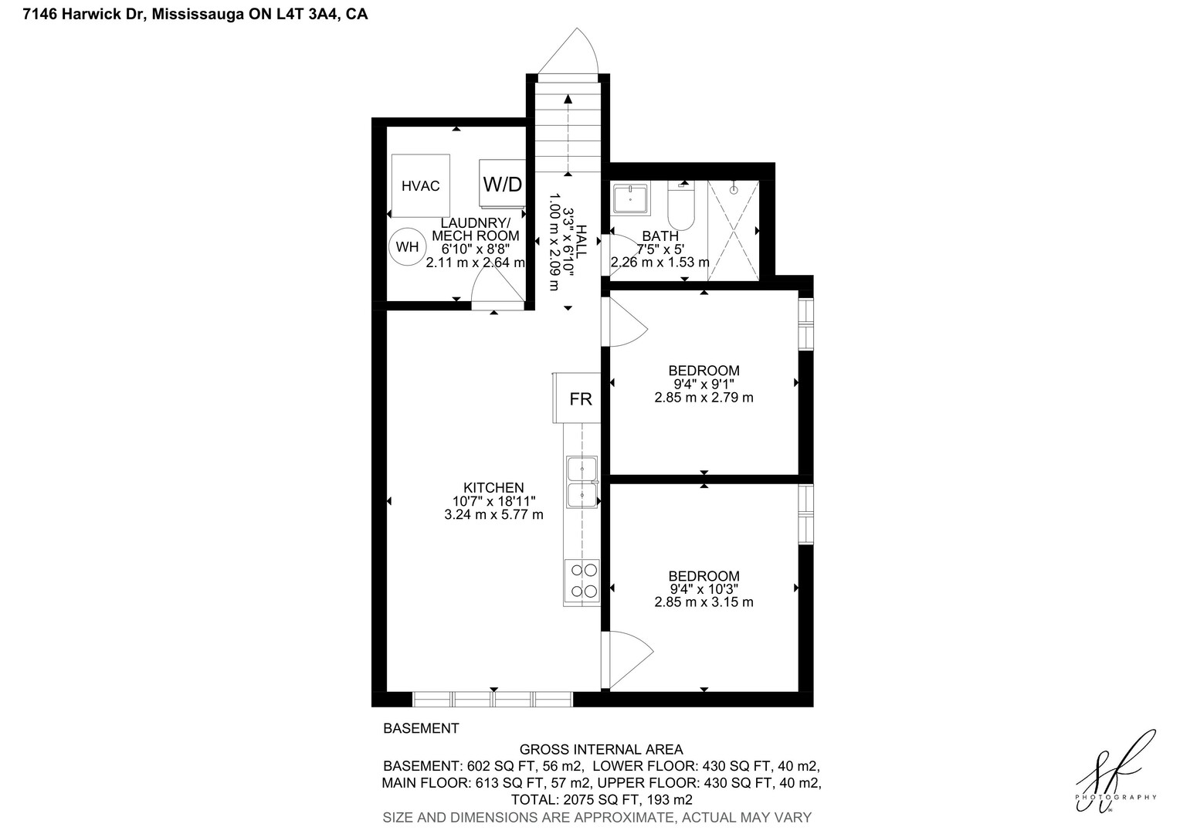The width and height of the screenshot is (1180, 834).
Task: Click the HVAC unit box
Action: [x=420, y=185]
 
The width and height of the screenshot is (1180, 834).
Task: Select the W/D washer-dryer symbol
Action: [x=502, y=183]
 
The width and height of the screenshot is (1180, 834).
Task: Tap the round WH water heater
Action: [x=407, y=246]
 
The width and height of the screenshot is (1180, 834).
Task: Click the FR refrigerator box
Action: [x=577, y=398]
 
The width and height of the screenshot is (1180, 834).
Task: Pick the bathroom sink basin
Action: [x=631, y=198]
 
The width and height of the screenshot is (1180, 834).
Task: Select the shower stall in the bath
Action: [x=734, y=230]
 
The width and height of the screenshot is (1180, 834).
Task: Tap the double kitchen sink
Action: [x=582, y=482]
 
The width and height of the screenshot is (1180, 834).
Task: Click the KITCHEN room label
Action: [x=493, y=488]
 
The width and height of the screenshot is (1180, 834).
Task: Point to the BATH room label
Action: [x=660, y=236]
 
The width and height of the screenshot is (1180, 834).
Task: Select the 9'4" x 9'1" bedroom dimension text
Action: [x=704, y=384]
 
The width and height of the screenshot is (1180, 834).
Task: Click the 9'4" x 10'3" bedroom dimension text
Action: [x=704, y=588]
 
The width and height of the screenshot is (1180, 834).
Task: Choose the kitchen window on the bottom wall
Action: [x=493, y=699]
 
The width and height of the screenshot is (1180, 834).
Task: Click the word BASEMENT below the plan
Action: [x=421, y=728]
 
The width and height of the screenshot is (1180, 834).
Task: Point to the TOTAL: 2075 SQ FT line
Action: [x=602, y=799]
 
